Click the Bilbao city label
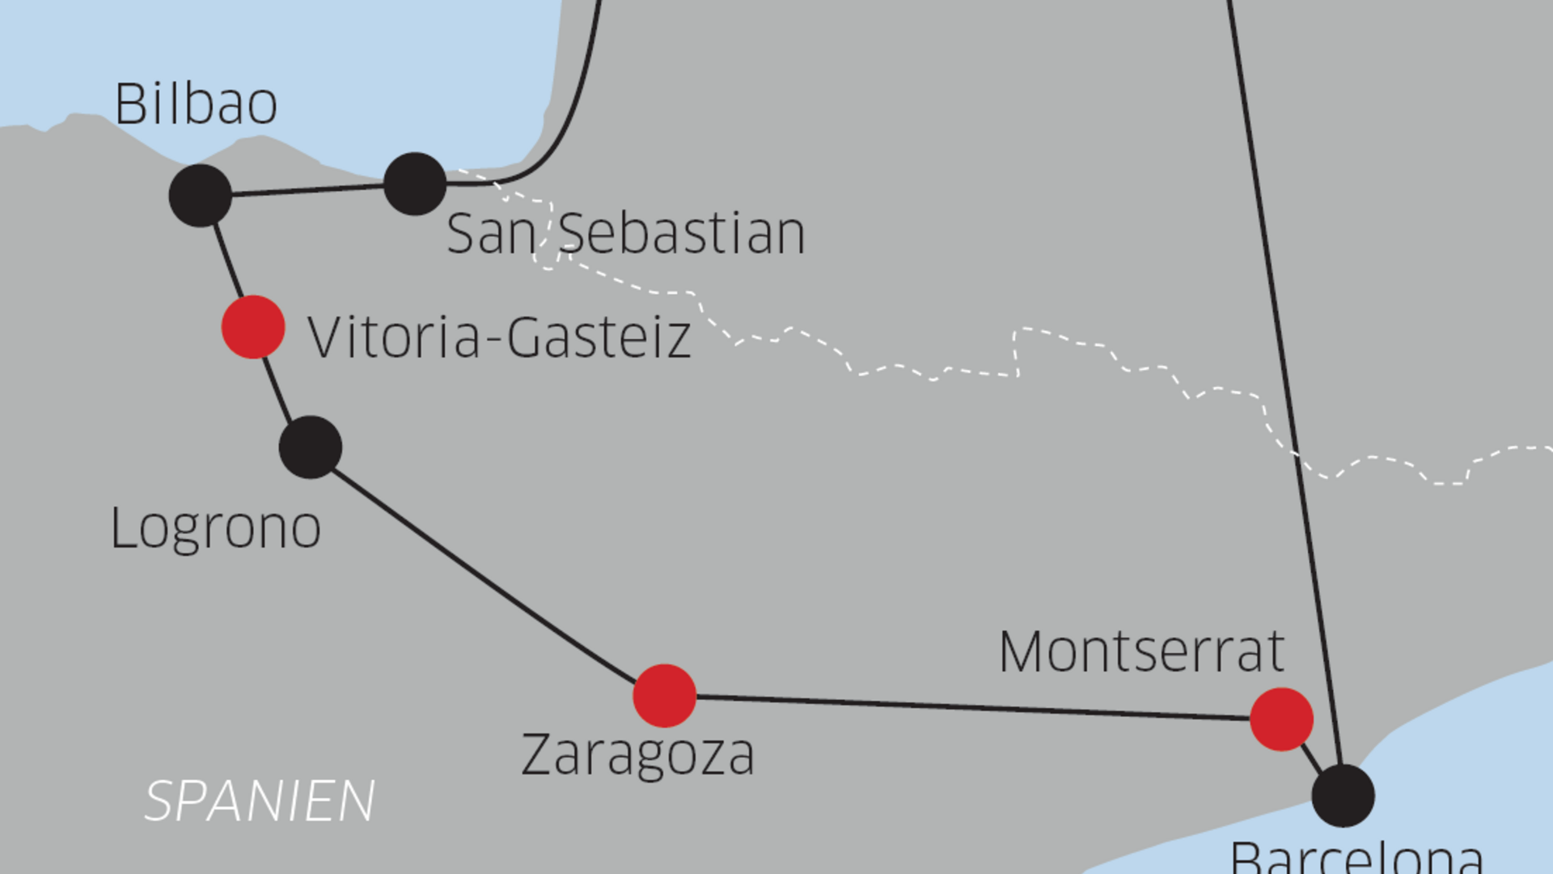[197, 104]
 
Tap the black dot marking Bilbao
[201, 195]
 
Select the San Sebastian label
[625, 233]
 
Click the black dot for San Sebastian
[415, 184]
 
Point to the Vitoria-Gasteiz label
[499, 337]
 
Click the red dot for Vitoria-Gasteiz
[253, 327]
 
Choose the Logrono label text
[215, 528]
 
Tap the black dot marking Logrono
[311, 447]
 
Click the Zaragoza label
[638, 754]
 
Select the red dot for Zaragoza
[665, 695]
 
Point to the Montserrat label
[1141, 651]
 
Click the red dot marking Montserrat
[1281, 719]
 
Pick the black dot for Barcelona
[1343, 796]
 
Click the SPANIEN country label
[260, 801]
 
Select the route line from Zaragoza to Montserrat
[971, 706]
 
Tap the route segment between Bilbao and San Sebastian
[307, 189]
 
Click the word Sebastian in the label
[682, 233]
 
